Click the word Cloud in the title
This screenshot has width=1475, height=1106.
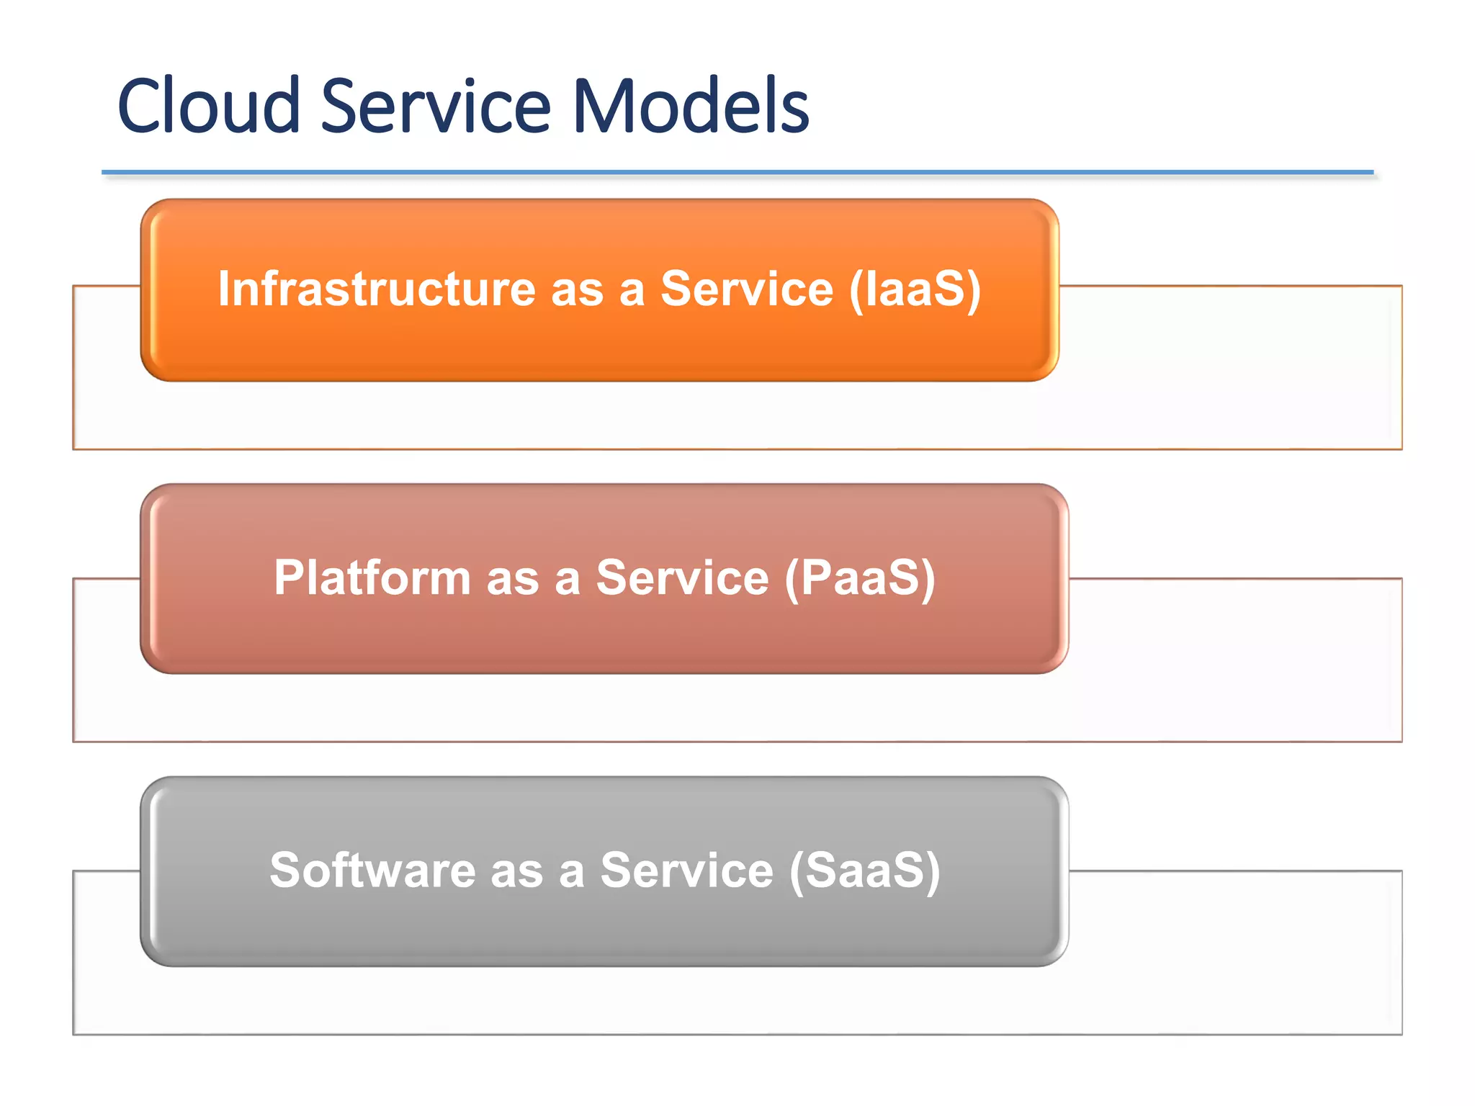click(208, 106)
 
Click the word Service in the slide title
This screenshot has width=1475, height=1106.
click(435, 106)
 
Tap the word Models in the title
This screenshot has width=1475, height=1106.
click(690, 106)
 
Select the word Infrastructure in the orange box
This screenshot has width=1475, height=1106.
click(377, 289)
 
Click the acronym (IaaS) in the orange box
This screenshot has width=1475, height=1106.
click(915, 289)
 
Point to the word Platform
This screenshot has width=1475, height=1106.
click(372, 577)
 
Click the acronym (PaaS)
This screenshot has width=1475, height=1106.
click(860, 577)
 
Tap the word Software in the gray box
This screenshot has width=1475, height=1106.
click(372, 870)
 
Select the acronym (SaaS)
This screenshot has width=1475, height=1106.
click(864, 870)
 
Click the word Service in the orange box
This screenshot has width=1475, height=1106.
click(746, 289)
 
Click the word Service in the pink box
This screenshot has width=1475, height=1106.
click(682, 577)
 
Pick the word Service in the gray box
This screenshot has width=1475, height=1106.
click(686, 870)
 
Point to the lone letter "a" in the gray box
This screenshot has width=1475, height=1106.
click(571, 873)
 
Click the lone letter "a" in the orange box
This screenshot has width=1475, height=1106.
click(632, 292)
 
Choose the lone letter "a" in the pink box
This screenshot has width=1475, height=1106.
click(568, 580)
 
